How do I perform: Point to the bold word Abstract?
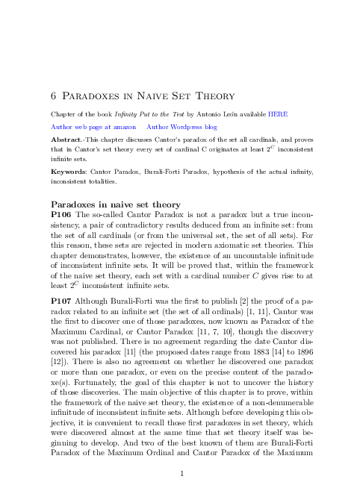pos(64,140)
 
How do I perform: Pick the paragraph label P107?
pos(60,296)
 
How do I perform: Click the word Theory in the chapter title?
pos(211,96)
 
